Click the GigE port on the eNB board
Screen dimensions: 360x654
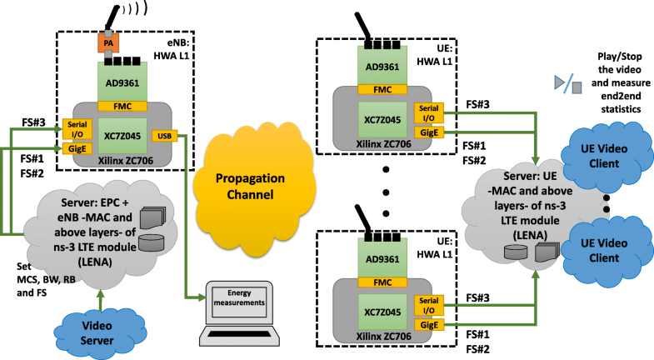point(73,147)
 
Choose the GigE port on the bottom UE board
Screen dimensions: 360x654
point(429,321)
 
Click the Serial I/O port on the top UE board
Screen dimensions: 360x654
point(429,112)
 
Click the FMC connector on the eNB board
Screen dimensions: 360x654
point(122,106)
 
